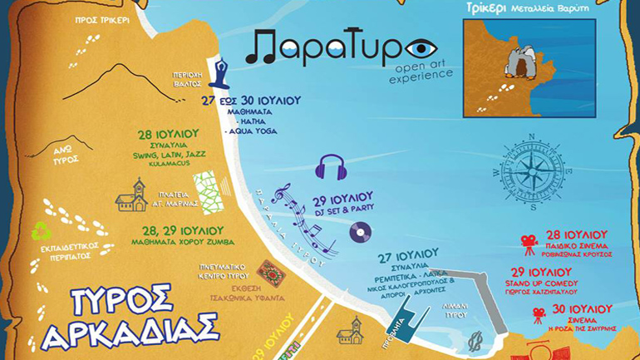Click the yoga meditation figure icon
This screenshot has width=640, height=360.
222,73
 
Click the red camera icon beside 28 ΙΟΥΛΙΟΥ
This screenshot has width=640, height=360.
529,241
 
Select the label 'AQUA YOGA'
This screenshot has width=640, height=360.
252,131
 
